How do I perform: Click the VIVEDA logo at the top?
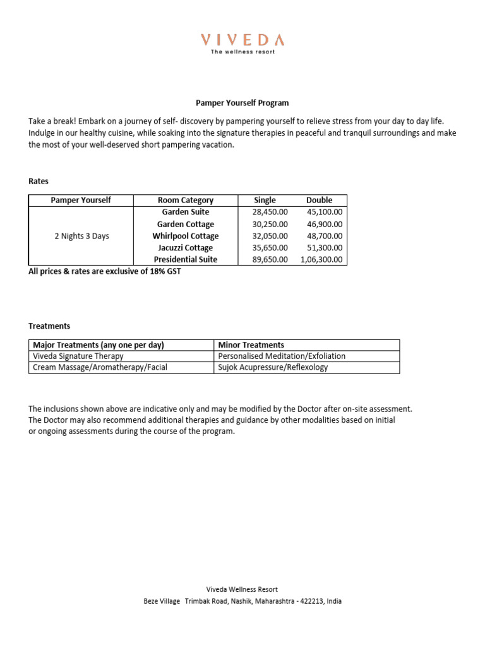pyautogui.click(x=242, y=41)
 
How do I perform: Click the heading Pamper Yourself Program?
pyautogui.click(x=242, y=103)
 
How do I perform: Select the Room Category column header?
pyautogui.click(x=186, y=200)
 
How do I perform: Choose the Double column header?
pyautogui.click(x=319, y=200)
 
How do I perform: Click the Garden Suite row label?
pyautogui.click(x=186, y=212)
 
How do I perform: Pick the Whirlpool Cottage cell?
pyautogui.click(x=186, y=236)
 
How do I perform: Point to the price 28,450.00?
pyautogui.click(x=270, y=212)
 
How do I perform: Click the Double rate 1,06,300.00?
pyautogui.click(x=322, y=259)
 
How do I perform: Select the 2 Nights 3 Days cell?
pyautogui.click(x=81, y=236)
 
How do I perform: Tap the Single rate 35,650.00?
pyautogui.click(x=270, y=248)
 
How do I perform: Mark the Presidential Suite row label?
pyautogui.click(x=186, y=259)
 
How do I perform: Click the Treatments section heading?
pyautogui.click(x=49, y=326)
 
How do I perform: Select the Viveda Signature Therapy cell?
pyautogui.click(x=78, y=356)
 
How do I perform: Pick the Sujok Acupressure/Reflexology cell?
pyautogui.click(x=273, y=367)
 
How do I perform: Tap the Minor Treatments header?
pyautogui.click(x=251, y=345)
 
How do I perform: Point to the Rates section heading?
pyautogui.click(x=39, y=181)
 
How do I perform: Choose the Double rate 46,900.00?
pyautogui.click(x=325, y=224)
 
